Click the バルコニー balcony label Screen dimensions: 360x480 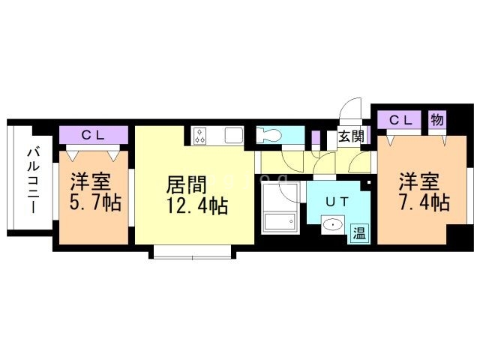(33, 181)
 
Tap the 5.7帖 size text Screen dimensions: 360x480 (96, 202)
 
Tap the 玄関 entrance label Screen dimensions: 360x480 (350, 136)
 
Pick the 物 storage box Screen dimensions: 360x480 (436, 120)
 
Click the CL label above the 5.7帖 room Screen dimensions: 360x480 (93, 135)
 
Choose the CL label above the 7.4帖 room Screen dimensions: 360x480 (400, 120)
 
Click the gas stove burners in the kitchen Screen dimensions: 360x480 (200, 136)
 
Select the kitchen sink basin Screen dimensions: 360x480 (232, 136)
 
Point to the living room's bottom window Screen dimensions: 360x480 (193, 253)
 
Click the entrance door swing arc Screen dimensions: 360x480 (349, 112)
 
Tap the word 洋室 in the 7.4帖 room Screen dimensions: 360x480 (418, 181)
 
